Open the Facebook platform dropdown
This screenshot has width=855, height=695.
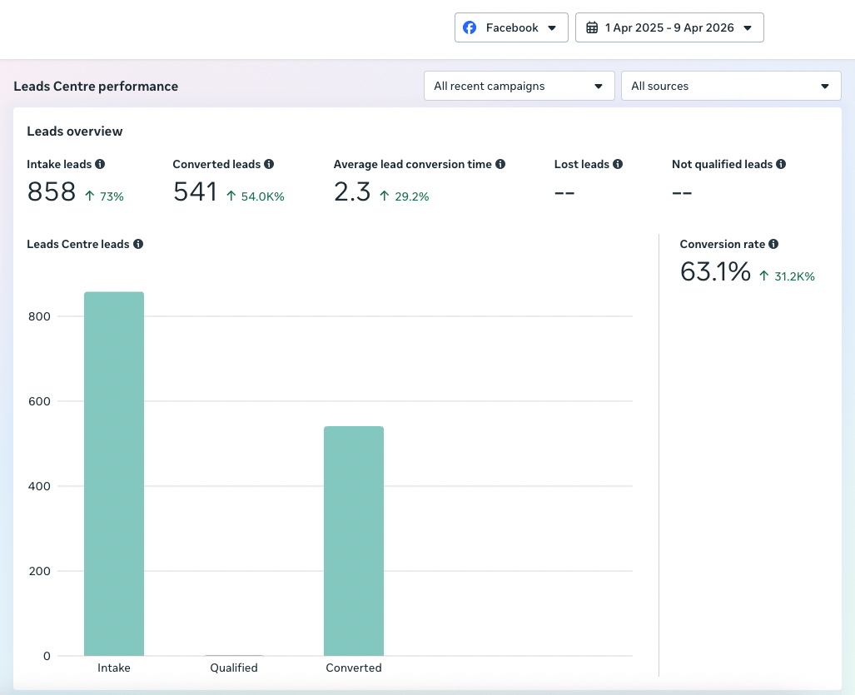(511, 27)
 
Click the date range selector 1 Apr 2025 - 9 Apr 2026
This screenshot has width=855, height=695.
(669, 27)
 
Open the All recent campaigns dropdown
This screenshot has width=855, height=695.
(519, 86)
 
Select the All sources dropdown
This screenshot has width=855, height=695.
(731, 86)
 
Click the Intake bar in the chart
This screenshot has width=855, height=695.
(114, 474)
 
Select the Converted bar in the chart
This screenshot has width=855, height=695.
(354, 541)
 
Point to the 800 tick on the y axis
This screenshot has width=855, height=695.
(39, 316)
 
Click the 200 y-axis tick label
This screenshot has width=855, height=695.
(39, 571)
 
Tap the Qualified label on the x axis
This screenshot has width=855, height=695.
(234, 668)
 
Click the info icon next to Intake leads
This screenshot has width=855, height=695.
(100, 164)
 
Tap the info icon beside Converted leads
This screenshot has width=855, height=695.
(269, 164)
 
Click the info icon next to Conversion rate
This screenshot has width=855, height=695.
(773, 244)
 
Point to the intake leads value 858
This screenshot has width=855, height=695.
(52, 192)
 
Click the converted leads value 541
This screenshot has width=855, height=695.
(195, 192)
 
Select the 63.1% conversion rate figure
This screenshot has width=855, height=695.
(715, 271)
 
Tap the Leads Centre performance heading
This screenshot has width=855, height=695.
(96, 86)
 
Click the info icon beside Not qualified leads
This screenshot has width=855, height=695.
(781, 164)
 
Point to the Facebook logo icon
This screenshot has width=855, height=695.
(470, 27)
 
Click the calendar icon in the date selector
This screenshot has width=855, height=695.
(592, 27)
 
